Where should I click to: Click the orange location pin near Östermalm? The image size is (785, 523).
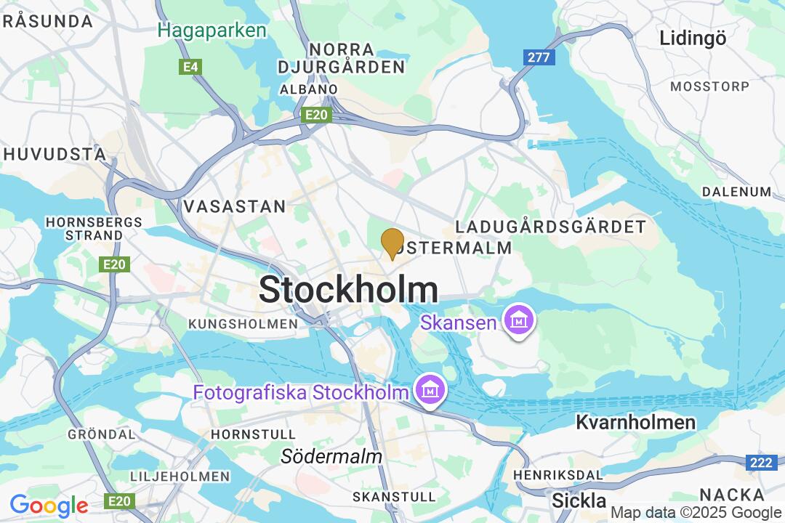click(x=392, y=243)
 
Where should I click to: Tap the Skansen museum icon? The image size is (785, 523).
click(x=520, y=320)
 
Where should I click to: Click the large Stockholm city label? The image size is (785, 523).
click(x=348, y=290)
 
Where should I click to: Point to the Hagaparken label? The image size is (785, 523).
click(x=212, y=31)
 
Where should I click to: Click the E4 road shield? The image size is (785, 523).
click(x=190, y=67)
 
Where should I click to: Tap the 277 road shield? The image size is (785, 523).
click(x=539, y=57)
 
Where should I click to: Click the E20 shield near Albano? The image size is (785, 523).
click(x=318, y=115)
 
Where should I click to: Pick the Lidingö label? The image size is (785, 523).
click(x=693, y=38)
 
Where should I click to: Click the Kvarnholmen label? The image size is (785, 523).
click(x=636, y=422)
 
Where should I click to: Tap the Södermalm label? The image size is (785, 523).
click(x=331, y=457)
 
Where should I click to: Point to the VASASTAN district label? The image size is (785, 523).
click(x=235, y=206)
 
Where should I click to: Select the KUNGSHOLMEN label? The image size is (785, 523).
click(x=243, y=323)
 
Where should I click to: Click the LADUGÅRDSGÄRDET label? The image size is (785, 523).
click(x=550, y=227)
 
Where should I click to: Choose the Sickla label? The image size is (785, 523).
click(x=579, y=500)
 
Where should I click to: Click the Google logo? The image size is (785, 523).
click(x=49, y=506)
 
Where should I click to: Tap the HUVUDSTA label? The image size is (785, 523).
click(x=55, y=154)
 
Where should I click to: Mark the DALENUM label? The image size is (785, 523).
click(x=736, y=192)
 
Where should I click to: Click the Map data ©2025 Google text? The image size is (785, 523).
click(x=696, y=513)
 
